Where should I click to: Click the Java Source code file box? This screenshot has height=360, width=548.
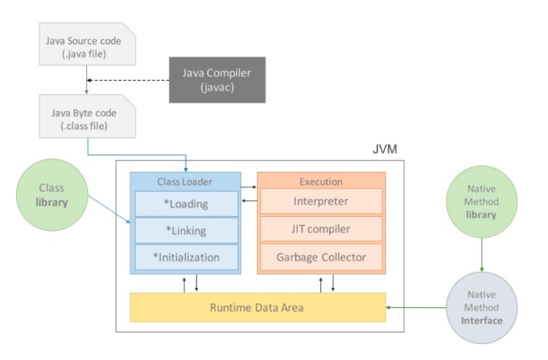[x=88, y=44]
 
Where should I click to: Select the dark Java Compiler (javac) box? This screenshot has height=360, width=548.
[x=217, y=80]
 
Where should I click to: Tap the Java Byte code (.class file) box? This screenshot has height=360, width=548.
[x=88, y=116]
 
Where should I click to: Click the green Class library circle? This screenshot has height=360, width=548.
[x=52, y=195]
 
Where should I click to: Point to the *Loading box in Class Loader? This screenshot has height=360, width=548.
[x=186, y=204]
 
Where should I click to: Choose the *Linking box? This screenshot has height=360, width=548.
[x=186, y=231]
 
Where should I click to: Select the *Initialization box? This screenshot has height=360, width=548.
[x=186, y=258]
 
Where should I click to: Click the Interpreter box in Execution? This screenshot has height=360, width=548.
[x=321, y=201]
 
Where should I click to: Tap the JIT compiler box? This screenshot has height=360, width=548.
[x=321, y=229]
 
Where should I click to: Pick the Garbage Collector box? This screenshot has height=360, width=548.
[x=321, y=257]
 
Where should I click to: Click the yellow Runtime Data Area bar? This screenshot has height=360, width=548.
[x=258, y=307]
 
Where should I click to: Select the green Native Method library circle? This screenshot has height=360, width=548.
[x=481, y=202]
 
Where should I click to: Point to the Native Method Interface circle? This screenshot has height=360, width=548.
[x=481, y=308]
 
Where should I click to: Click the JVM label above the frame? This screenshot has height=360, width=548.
[x=385, y=149]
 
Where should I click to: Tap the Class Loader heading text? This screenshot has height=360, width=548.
[x=185, y=182]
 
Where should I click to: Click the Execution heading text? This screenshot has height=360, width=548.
[x=321, y=182]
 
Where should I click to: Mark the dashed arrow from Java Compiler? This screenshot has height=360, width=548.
[x=128, y=81]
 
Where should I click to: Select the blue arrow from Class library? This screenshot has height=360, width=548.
[x=109, y=209]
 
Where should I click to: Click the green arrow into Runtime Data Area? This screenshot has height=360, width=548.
[x=416, y=307]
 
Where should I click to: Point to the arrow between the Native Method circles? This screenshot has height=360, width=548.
[x=481, y=254]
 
